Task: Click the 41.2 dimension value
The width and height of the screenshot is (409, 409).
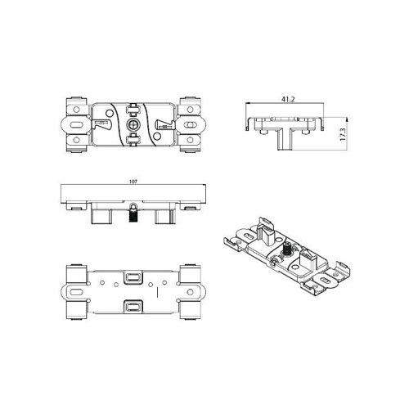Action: click(288, 99)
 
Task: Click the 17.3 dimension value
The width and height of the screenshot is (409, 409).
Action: click(343, 134)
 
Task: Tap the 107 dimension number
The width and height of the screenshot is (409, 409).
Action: click(133, 182)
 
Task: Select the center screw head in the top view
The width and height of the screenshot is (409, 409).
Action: click(133, 125)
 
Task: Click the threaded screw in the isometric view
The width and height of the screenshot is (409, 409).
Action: click(287, 248)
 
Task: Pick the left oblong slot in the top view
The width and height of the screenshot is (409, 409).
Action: click(76, 125)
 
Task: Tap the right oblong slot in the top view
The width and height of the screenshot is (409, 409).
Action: click(190, 125)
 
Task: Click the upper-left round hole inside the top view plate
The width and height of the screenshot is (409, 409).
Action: click(109, 113)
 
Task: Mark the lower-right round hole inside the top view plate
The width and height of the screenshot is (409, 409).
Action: click(157, 136)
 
